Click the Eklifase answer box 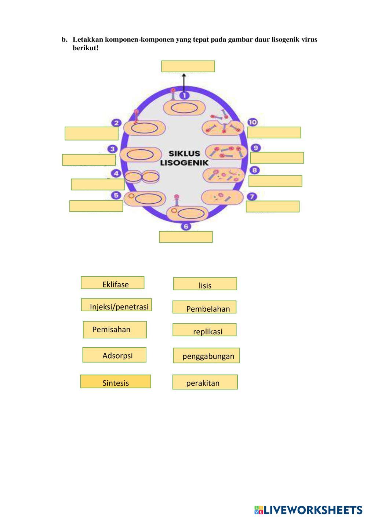[x=112, y=283]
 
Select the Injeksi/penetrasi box [x=116, y=305]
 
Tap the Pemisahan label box [x=115, y=330]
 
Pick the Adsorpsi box [x=114, y=355]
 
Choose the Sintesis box [x=116, y=381]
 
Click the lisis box [x=205, y=284]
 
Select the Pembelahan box [x=204, y=307]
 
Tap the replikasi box [x=204, y=330]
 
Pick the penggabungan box [x=206, y=355]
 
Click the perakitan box [x=205, y=382]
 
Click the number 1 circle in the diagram [x=185, y=95]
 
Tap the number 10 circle [x=252, y=122]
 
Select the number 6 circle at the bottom [x=186, y=226]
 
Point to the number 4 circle [x=116, y=174]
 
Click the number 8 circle [x=254, y=170]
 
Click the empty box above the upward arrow [x=188, y=66]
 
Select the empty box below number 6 [x=186, y=237]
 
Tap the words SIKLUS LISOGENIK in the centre [x=184, y=158]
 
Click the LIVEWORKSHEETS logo [x=308, y=510]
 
